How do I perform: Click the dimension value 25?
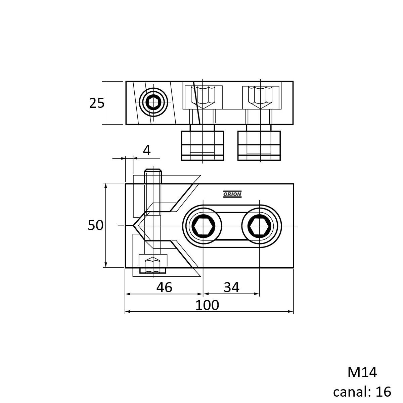click(x=97, y=103)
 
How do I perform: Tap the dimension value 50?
click(x=96, y=225)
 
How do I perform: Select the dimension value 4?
click(x=147, y=150)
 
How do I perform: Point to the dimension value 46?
click(x=164, y=287)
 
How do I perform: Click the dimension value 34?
click(x=231, y=287)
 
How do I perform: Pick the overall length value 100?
click(x=207, y=305)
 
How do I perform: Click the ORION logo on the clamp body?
click(x=232, y=194)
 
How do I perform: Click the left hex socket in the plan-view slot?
click(x=203, y=226)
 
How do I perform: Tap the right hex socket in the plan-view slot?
click(x=260, y=226)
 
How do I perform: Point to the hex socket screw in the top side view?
click(x=153, y=102)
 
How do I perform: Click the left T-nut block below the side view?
click(x=203, y=145)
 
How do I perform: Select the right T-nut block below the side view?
click(x=259, y=145)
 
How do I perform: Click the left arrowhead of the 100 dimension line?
click(x=127, y=312)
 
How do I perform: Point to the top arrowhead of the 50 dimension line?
click(x=106, y=186)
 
